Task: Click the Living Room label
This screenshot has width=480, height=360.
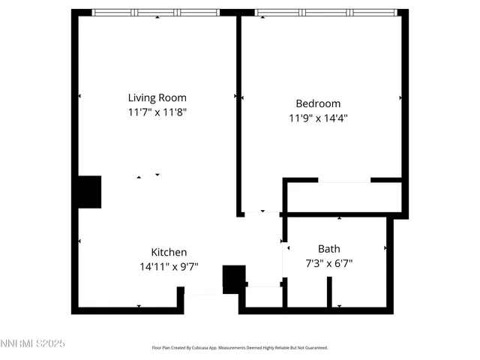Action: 157,97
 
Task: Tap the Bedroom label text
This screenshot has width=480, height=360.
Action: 318,103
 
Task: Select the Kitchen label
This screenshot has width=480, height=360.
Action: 169,252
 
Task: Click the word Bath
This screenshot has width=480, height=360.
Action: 328,249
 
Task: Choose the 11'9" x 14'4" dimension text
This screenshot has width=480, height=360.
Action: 318,118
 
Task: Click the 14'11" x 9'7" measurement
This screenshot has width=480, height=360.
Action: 169,266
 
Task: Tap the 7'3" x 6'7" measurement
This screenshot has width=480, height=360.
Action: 328,263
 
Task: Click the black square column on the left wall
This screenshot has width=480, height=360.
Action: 90,192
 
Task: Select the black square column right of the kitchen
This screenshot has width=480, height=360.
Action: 234,279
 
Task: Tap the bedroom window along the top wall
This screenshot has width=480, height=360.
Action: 326,13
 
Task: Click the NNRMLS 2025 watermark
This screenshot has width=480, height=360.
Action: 33,343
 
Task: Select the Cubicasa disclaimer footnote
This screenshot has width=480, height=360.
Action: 240,348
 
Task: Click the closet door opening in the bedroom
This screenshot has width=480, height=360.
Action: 345,180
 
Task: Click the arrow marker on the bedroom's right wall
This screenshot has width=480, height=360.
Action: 400,97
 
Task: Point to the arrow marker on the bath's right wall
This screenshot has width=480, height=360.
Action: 386,248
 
